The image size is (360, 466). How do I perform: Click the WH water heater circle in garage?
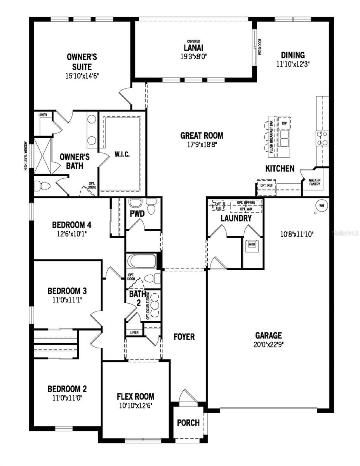click(x=321, y=205)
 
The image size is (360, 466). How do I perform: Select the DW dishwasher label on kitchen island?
click(x=285, y=123)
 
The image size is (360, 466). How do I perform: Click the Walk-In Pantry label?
click(x=315, y=182)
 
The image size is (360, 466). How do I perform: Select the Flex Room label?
click(x=136, y=396)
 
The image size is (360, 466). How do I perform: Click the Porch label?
click(x=188, y=423)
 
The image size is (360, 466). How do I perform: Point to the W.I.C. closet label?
click(x=122, y=154)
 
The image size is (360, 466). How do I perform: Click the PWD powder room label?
click(x=137, y=213)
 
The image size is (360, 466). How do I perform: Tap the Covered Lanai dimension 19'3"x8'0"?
click(x=194, y=56)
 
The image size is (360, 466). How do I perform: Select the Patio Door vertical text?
click(x=259, y=46)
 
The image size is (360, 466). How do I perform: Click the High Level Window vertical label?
click(x=26, y=155)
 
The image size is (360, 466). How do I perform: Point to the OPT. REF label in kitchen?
click(x=266, y=185)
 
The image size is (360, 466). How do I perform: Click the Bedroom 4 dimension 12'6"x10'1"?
click(x=71, y=234)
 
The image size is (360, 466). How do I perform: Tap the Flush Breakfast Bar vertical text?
click(x=271, y=138)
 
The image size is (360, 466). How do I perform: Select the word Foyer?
click(x=184, y=337)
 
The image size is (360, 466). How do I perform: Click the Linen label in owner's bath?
click(x=43, y=115)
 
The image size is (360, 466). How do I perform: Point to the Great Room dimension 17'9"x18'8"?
click(x=202, y=144)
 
